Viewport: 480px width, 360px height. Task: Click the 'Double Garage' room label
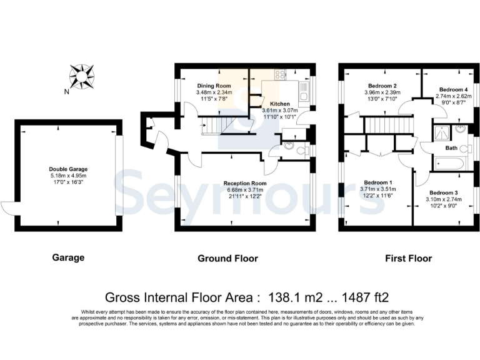click(x=68, y=169)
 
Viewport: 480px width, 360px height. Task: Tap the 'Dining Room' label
click(x=214, y=86)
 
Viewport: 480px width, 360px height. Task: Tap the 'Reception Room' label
click(x=245, y=183)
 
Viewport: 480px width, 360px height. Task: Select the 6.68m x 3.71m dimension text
click(x=245, y=190)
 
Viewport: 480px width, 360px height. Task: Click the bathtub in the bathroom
click(x=449, y=165)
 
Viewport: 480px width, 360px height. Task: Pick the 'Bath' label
click(x=451, y=148)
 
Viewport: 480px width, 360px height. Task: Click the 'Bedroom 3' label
click(x=444, y=192)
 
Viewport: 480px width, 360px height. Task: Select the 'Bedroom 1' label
click(x=377, y=182)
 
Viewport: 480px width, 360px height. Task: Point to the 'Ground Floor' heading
click(x=227, y=258)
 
